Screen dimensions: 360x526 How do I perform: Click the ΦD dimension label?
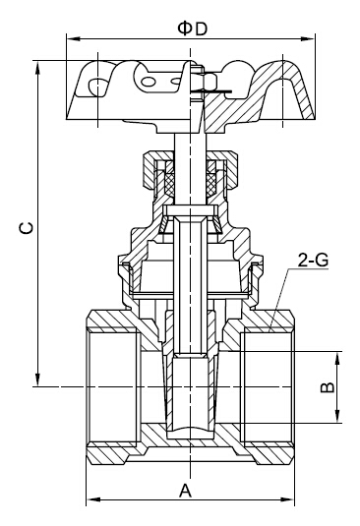coord(193,29)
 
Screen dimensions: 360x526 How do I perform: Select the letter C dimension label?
coord(26,228)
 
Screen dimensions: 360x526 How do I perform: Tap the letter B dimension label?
coord(328,387)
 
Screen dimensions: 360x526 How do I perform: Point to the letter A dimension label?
coord(185,491)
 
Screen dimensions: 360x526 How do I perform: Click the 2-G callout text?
coord(313,260)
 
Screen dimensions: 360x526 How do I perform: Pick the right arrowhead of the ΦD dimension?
coord(308,39)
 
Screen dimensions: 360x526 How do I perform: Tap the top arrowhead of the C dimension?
coord(38,68)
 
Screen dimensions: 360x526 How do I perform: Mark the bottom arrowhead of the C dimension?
coord(38,380)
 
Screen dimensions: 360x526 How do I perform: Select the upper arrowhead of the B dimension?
coord(337,359)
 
